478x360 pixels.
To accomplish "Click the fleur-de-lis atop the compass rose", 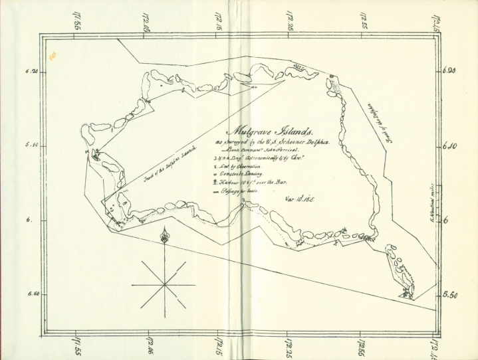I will [164, 236].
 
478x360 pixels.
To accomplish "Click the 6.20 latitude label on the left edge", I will [31, 72].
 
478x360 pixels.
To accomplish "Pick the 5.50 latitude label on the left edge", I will [31, 293].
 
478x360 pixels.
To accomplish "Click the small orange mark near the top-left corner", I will [58, 57].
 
